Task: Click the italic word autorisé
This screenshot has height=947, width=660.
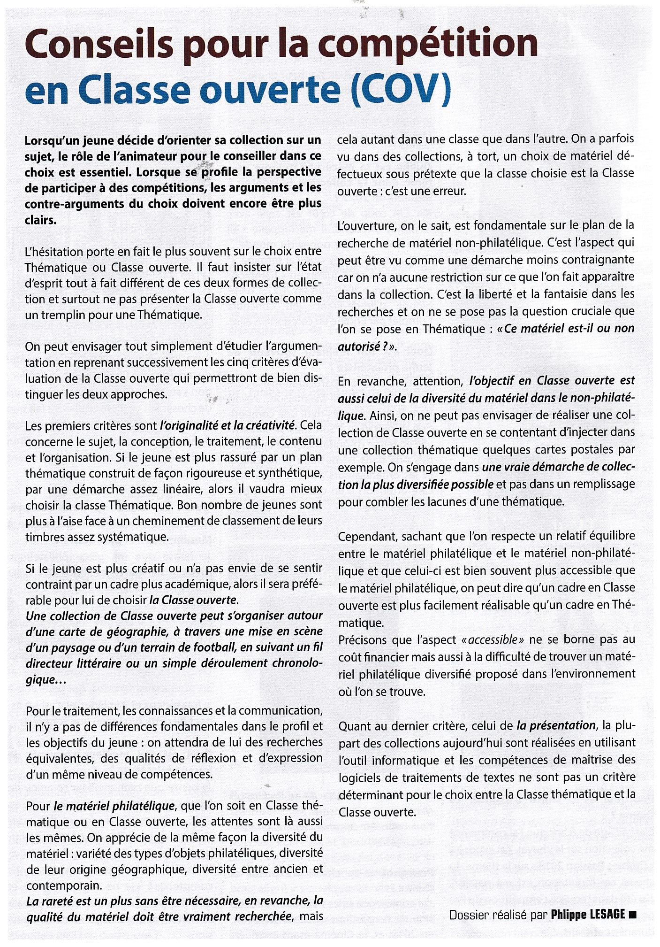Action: pyautogui.click(x=358, y=346)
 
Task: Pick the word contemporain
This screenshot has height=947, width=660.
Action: pyautogui.click(x=64, y=885)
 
